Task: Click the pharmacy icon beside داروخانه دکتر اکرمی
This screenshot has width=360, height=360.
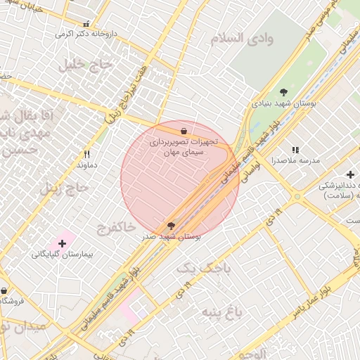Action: point(86,23)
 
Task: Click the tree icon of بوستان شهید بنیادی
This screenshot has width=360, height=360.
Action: point(284,92)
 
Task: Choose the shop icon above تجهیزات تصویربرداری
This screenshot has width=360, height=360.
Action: point(184,130)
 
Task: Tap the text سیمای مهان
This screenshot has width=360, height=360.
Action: point(182,152)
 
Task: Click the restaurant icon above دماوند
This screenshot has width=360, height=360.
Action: point(87,154)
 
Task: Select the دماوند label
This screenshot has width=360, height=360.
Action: point(86,165)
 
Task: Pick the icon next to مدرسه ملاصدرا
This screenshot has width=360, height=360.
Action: point(295,150)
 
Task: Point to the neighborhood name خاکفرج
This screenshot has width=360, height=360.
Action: point(112,227)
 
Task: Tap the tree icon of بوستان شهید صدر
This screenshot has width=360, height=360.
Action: point(171,225)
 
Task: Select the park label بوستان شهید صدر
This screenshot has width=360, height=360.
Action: point(171,237)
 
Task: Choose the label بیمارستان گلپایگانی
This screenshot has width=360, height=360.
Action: point(62,255)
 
